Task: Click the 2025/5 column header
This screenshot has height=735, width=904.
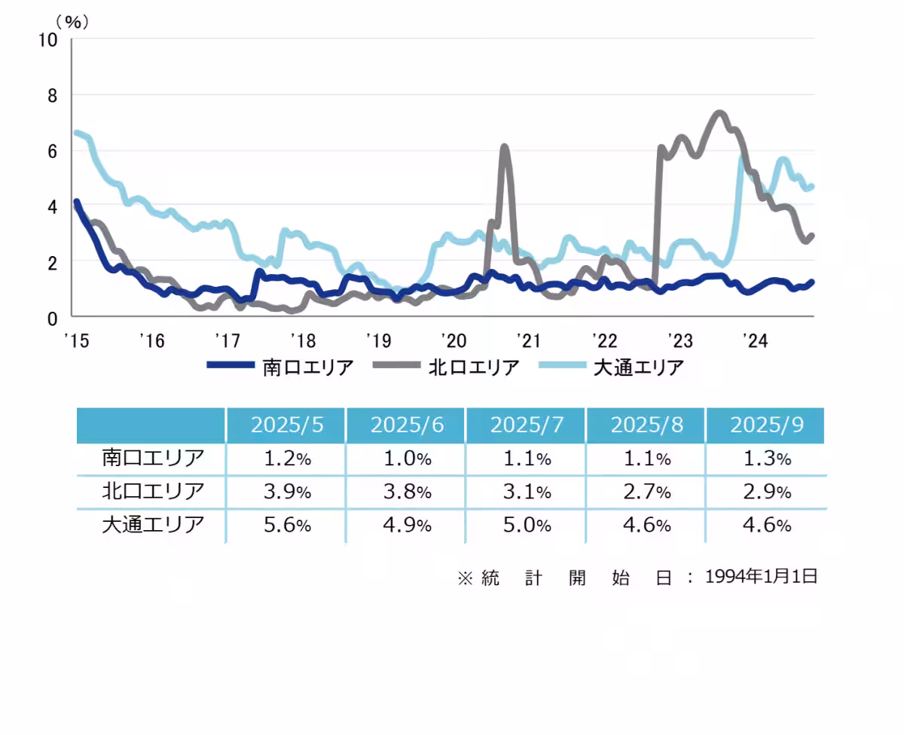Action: click(286, 425)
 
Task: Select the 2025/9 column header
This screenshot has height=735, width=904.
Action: click(766, 425)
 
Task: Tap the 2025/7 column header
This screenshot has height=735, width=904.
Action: click(526, 425)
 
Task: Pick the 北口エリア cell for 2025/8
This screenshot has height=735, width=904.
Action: click(646, 492)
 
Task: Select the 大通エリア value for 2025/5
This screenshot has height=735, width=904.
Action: click(286, 526)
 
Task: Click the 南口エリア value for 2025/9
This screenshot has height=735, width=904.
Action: click(766, 458)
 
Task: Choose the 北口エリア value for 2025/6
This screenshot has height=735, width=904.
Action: click(406, 492)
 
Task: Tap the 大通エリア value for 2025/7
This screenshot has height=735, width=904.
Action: click(526, 526)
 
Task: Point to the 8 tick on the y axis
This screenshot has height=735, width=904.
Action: click(52, 96)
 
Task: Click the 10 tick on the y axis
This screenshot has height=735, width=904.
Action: click(48, 40)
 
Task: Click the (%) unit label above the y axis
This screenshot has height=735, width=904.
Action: click(72, 21)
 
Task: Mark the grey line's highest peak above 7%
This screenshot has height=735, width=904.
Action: click(718, 114)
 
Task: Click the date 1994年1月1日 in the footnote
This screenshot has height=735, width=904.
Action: click(761, 577)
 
